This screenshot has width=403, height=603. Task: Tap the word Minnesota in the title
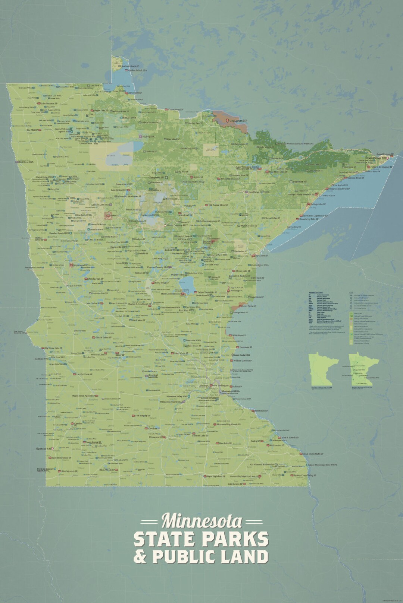click(201, 521)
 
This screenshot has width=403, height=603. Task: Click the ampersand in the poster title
click(140, 557)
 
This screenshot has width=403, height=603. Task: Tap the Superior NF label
click(300, 182)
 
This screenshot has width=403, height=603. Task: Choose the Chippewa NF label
click(156, 178)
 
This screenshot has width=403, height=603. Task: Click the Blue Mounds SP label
click(69, 471)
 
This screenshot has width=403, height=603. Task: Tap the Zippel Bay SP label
click(135, 93)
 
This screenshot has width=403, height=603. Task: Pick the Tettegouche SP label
click(318, 204)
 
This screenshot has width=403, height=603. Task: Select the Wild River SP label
click(239, 335)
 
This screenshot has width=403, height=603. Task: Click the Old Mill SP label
click(32, 130)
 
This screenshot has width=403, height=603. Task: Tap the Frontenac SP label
click(261, 411)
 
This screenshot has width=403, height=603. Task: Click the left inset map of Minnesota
click(323, 369)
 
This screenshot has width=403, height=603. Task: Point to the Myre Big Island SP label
click(216, 476)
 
